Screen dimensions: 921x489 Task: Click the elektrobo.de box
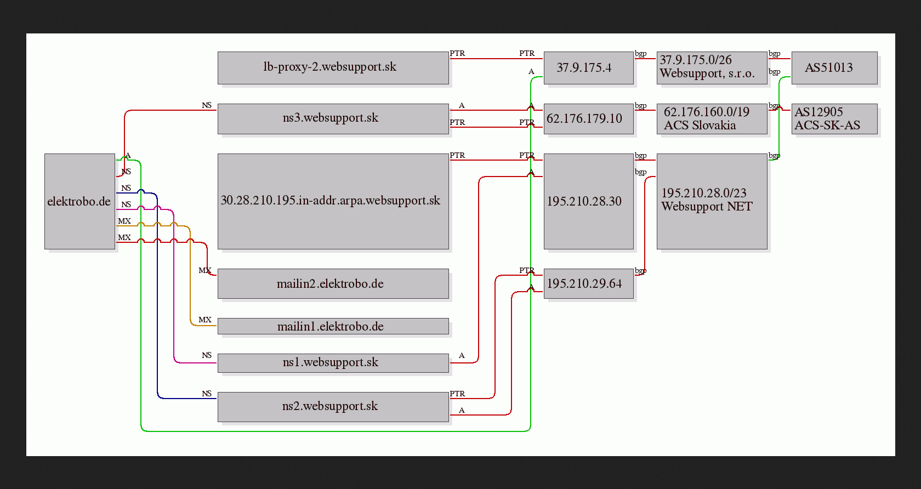click(80, 202)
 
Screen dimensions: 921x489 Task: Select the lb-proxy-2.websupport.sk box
click(333, 68)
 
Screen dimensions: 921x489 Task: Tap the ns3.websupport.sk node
click(333, 119)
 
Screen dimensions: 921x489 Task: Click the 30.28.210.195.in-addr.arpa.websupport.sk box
click(333, 202)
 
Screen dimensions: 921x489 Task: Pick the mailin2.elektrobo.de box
click(333, 284)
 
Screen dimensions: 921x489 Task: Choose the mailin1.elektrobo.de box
click(333, 326)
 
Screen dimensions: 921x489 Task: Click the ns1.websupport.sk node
click(333, 363)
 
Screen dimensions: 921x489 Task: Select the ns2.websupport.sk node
click(333, 407)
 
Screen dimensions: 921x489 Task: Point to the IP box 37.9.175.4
click(589, 68)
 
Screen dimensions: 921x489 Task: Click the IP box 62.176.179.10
click(589, 119)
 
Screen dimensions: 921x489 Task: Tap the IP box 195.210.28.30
click(589, 202)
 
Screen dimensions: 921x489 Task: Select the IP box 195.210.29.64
click(589, 284)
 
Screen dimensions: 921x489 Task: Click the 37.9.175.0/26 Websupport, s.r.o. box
click(712, 68)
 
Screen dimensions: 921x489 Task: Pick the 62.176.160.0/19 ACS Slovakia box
click(712, 119)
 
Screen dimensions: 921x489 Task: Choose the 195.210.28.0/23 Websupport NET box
click(712, 202)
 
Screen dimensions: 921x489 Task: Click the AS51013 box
click(834, 68)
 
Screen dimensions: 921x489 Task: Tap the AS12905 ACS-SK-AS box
click(834, 119)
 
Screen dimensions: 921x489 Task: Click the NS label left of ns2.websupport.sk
click(207, 394)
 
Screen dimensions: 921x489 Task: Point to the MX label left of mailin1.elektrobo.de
click(205, 320)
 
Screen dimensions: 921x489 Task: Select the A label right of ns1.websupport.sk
click(462, 355)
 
